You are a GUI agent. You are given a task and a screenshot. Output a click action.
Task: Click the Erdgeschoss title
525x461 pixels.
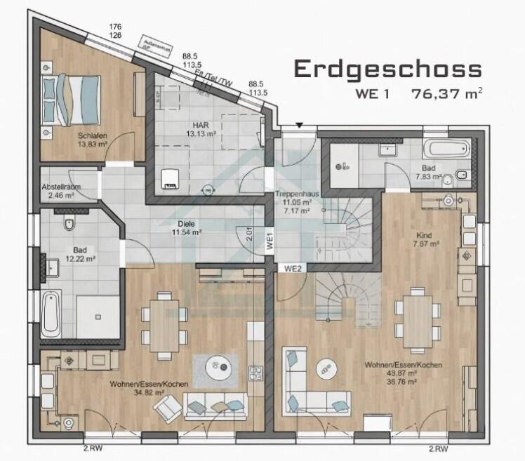[388, 69]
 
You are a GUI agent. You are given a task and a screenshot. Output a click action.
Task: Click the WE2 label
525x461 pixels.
[293, 268]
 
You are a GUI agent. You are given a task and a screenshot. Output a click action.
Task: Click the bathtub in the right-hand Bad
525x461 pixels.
[448, 149]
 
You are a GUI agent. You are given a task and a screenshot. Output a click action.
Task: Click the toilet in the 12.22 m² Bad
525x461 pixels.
[68, 224]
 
